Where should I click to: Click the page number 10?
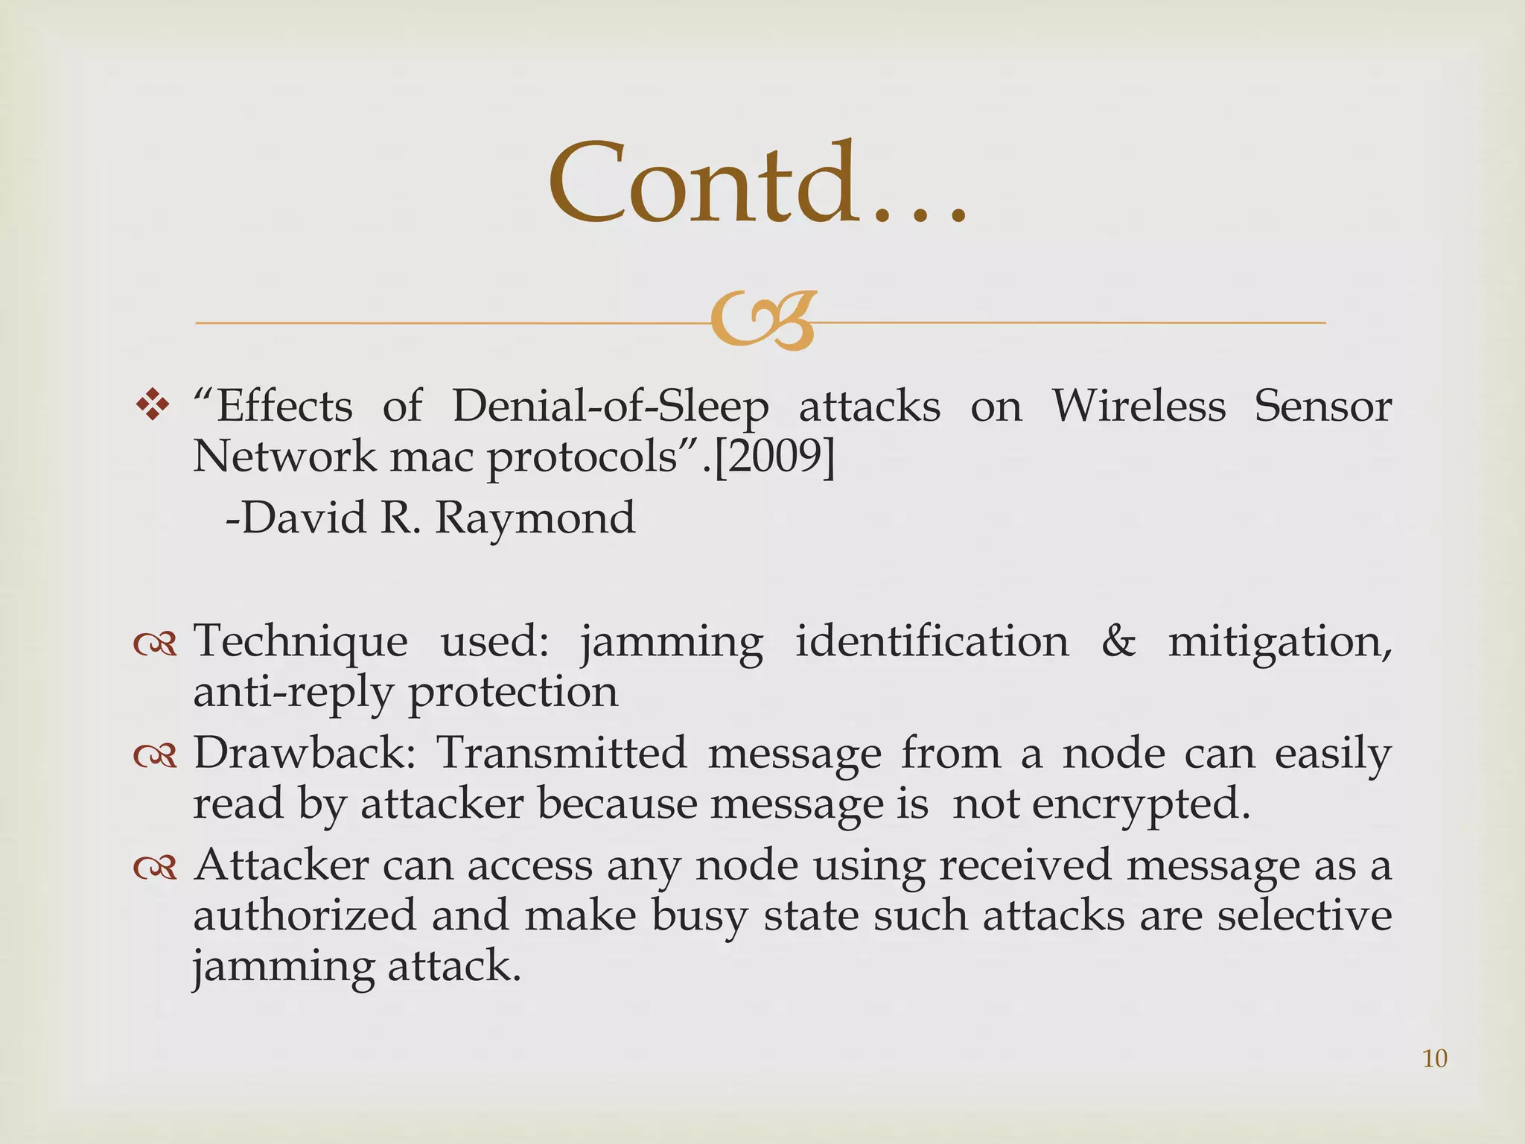coord(1434,1058)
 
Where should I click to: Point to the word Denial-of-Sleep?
coord(610,407)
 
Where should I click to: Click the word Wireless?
coord(1138,407)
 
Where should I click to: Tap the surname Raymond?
coord(535,518)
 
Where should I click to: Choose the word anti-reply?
coord(292,693)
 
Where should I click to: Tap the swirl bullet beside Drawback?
coord(155,755)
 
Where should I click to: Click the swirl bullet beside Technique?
coord(155,643)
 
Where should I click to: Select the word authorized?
coord(304,915)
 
